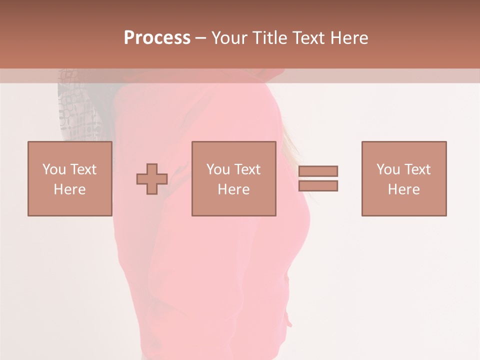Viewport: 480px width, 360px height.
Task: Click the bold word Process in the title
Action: tap(157, 38)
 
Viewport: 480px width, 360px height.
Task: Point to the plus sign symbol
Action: tap(152, 179)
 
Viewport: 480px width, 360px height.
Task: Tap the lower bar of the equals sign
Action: tap(318, 186)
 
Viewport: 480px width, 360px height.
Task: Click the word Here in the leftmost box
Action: tap(69, 189)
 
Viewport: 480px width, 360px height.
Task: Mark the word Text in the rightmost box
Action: tap(417, 169)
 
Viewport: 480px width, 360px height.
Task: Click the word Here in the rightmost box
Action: tap(403, 189)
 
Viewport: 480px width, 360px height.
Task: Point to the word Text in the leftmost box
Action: tap(83, 169)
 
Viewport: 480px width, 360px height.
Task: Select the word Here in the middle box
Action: tap(233, 189)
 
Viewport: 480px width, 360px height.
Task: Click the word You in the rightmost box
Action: tap(388, 169)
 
